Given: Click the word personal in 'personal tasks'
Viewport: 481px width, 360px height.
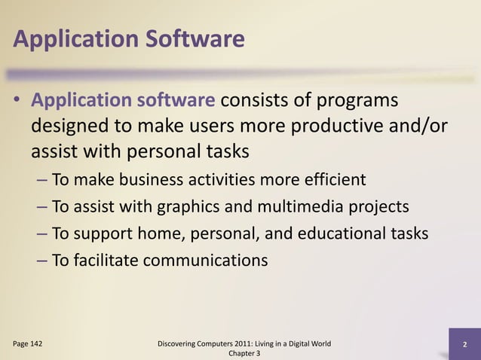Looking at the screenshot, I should tap(153, 151).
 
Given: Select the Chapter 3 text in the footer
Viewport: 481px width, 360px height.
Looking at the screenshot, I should tap(242, 354).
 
